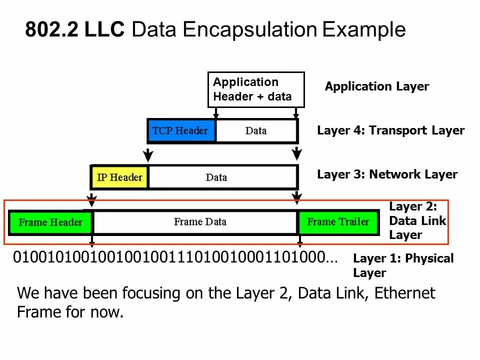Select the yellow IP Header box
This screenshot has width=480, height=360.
point(120,177)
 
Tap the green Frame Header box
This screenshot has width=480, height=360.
point(50,222)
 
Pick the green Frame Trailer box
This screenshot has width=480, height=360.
point(338,222)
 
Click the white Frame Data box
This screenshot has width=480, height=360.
point(199,222)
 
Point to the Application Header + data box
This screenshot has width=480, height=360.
point(255,89)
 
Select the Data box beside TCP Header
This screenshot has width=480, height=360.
point(256,131)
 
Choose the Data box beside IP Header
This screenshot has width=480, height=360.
point(216,177)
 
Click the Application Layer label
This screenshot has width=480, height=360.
point(376,86)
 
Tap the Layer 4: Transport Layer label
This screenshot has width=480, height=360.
point(390,131)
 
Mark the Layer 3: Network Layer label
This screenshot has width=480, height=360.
point(387,174)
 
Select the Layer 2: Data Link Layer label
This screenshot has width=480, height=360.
point(417,220)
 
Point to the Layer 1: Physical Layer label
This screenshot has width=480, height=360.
point(403,265)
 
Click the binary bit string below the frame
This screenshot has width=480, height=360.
point(175,258)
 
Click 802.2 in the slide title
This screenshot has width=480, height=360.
point(51,30)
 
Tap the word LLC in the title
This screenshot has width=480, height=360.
point(104,30)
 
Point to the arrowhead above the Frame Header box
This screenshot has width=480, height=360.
point(91,201)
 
